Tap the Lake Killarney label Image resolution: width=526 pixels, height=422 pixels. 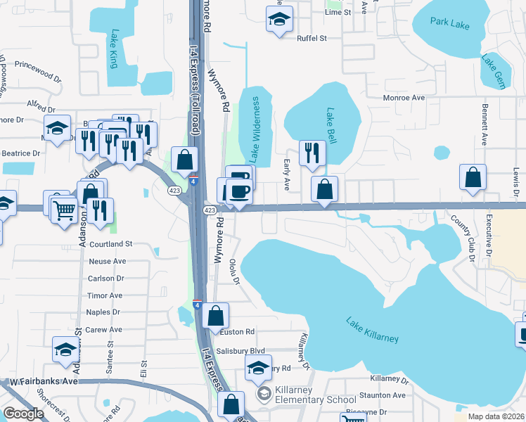pyautogui.click(x=372, y=329)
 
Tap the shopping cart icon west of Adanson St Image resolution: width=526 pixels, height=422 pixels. pyautogui.click(x=64, y=209)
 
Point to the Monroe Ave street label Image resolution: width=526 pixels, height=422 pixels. pyautogui.click(x=404, y=98)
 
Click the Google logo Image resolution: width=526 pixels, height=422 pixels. pyautogui.click(x=24, y=414)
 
